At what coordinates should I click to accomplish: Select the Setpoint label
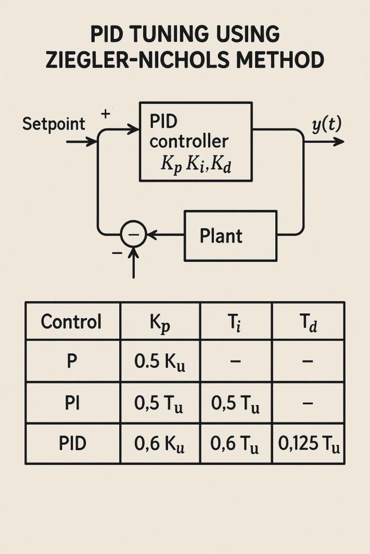(54, 124)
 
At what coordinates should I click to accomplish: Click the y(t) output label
(326, 125)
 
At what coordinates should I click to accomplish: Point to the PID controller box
(196, 141)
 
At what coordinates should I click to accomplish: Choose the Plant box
(230, 236)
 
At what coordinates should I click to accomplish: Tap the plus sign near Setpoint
(106, 115)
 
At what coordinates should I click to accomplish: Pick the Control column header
(72, 322)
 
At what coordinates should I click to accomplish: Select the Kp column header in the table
(160, 322)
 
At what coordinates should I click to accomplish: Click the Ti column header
(236, 322)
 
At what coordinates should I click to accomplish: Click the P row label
(72, 361)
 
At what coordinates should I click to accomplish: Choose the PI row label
(72, 403)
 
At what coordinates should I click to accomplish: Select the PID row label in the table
(72, 444)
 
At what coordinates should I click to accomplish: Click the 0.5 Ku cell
(160, 361)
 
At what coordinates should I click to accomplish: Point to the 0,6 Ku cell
(160, 445)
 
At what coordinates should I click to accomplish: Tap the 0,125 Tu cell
(309, 445)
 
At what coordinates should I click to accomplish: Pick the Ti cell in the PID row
(236, 445)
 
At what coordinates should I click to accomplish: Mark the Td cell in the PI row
(308, 403)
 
